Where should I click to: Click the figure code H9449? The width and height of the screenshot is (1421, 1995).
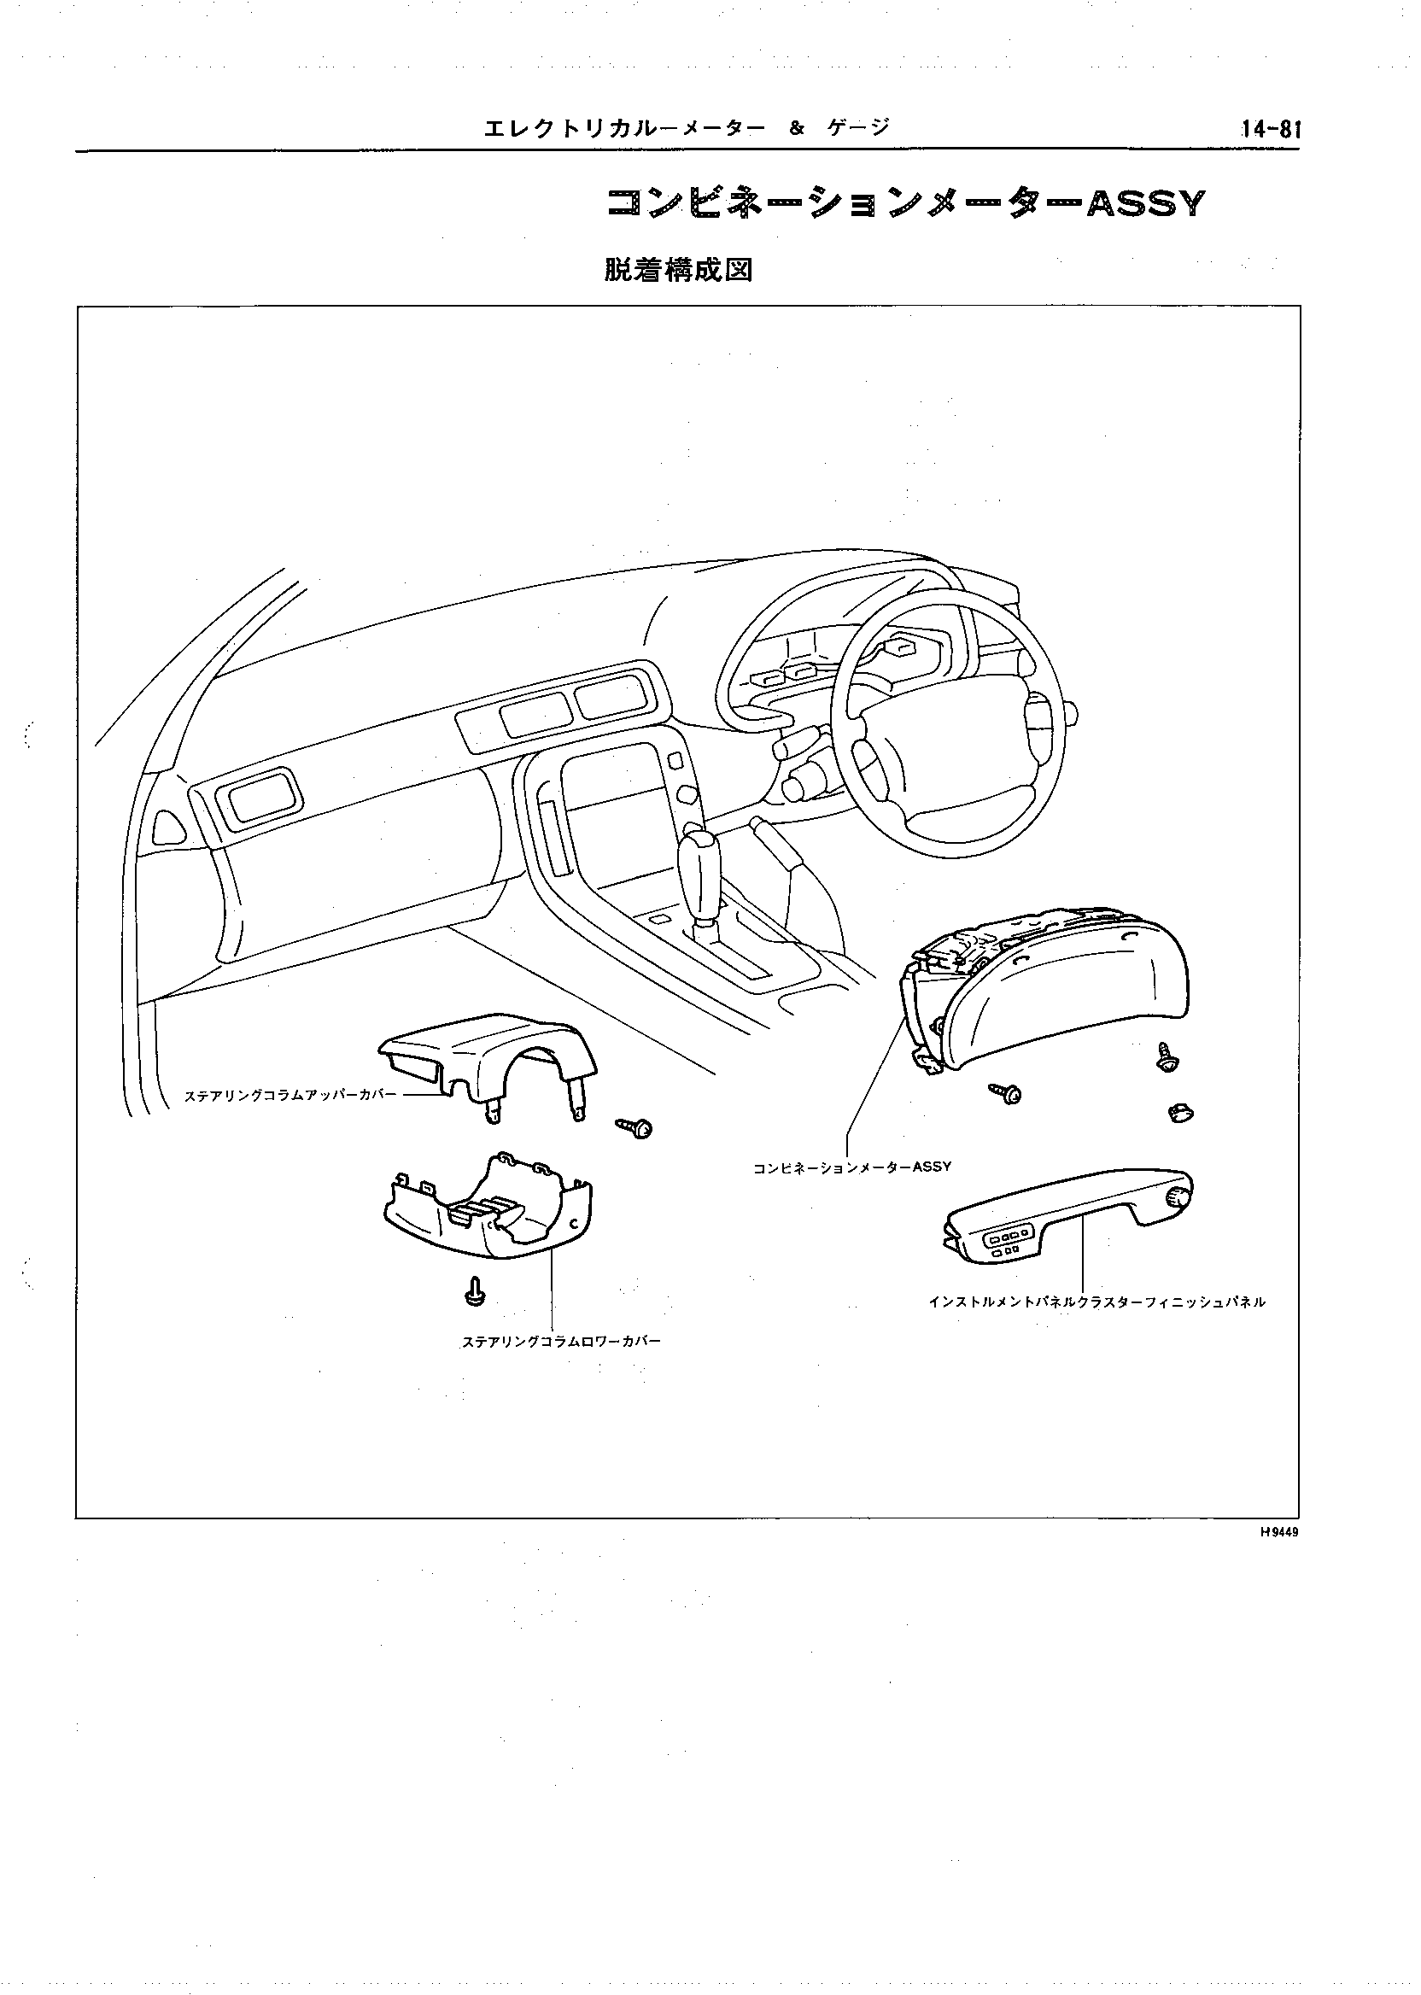(1278, 1532)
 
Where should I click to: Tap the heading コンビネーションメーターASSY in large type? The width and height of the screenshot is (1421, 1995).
(905, 204)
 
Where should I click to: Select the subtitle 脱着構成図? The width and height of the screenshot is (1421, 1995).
(678, 271)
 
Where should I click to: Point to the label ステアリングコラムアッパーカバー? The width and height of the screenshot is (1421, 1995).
(289, 1095)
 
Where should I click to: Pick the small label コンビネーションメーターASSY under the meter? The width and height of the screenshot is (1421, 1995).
(851, 1167)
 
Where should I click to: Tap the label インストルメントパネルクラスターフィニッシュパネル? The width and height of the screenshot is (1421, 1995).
(1097, 1302)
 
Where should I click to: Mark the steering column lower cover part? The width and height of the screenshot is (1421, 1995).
(488, 1211)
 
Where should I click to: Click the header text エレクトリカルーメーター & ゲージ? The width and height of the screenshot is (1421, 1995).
(686, 129)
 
